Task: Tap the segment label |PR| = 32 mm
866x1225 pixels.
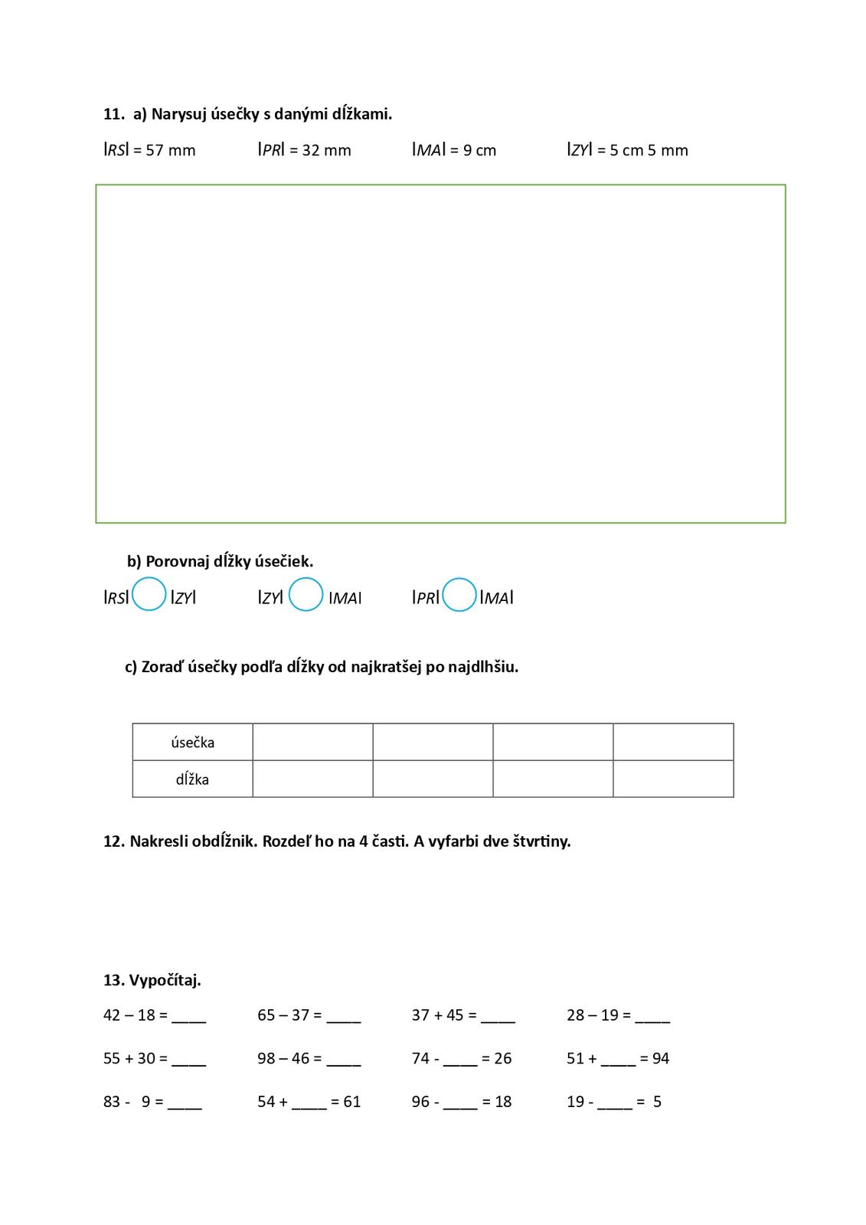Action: pyautogui.click(x=304, y=150)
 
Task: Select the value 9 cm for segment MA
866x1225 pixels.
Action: pyautogui.click(x=479, y=150)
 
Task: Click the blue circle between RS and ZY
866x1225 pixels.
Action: pyautogui.click(x=149, y=595)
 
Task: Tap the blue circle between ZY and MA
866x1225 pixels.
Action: pyautogui.click(x=306, y=595)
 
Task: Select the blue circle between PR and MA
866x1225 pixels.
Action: pyautogui.click(x=459, y=595)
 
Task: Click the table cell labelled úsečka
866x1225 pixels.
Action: pyautogui.click(x=192, y=742)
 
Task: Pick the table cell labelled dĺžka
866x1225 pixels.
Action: pyautogui.click(x=192, y=779)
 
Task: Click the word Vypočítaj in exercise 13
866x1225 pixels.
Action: pyautogui.click(x=165, y=980)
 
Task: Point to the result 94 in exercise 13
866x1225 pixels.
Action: pyautogui.click(x=660, y=1059)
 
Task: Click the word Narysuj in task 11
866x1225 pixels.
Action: pyautogui.click(x=179, y=114)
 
